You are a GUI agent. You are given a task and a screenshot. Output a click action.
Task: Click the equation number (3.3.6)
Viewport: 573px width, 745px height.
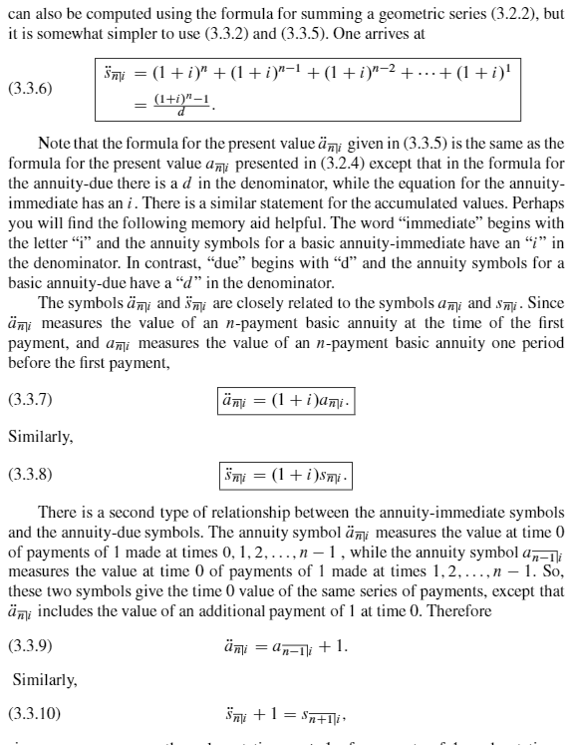pos(30,89)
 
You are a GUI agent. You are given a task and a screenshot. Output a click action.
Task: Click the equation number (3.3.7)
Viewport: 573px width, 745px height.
pos(30,401)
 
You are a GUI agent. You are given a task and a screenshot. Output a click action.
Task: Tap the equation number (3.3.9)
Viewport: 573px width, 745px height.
pos(30,646)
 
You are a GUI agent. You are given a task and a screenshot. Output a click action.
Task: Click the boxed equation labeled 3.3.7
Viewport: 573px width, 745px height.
pos(285,401)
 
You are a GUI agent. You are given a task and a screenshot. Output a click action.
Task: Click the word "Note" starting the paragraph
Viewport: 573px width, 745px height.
pos(53,146)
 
